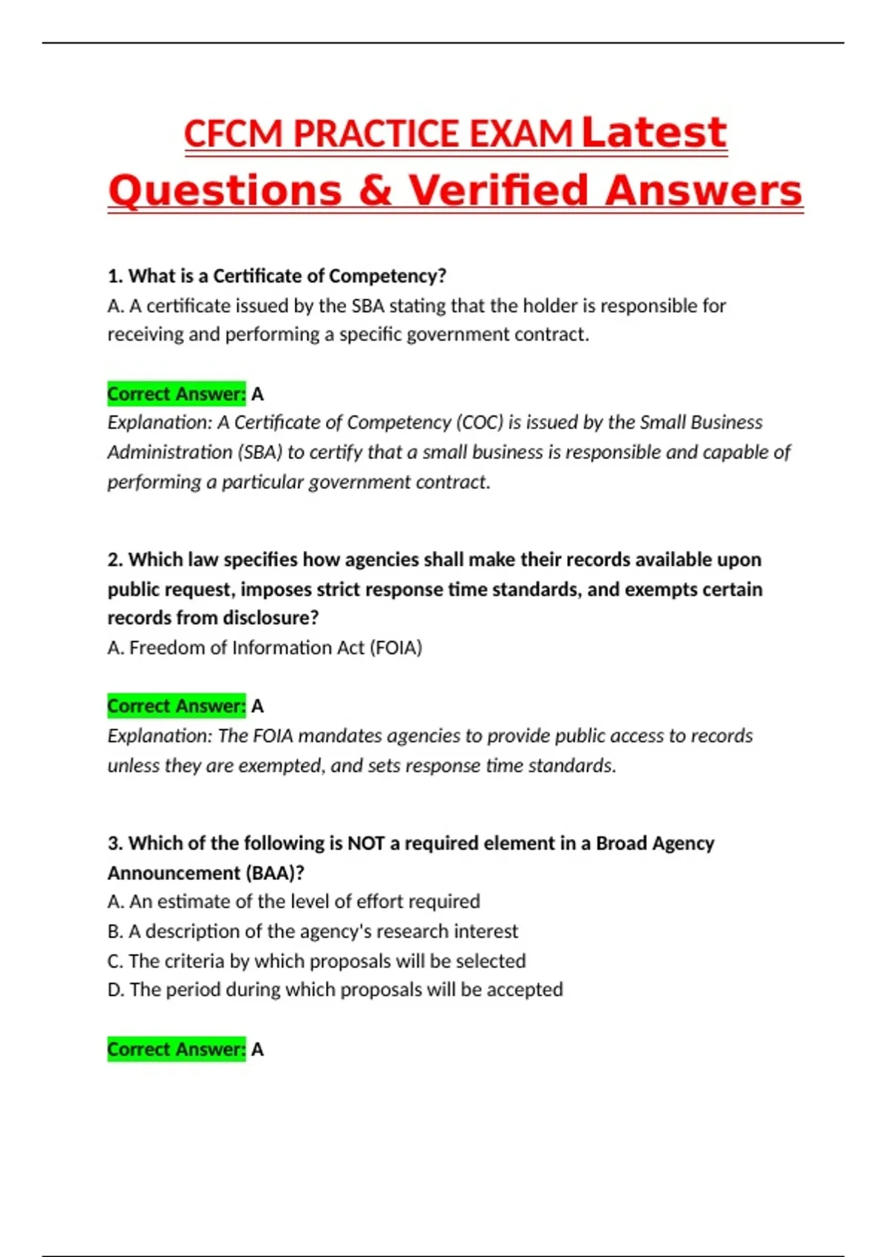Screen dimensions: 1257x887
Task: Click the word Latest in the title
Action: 654,133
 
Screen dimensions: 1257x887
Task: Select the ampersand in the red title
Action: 375,191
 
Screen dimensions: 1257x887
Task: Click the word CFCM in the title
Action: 234,135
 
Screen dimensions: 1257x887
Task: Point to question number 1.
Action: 114,276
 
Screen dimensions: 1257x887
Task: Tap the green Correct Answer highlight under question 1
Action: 176,393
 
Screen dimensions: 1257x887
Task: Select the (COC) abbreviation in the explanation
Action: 479,422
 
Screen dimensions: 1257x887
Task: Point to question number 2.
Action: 114,560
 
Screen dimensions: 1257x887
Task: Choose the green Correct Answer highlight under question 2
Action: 176,706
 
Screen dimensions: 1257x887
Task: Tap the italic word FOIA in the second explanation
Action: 273,736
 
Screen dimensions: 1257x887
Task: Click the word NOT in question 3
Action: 366,844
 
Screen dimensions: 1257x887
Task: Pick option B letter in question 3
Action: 115,931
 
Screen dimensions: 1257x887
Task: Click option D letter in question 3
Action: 115,989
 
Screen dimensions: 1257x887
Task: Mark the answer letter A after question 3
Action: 257,1049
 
